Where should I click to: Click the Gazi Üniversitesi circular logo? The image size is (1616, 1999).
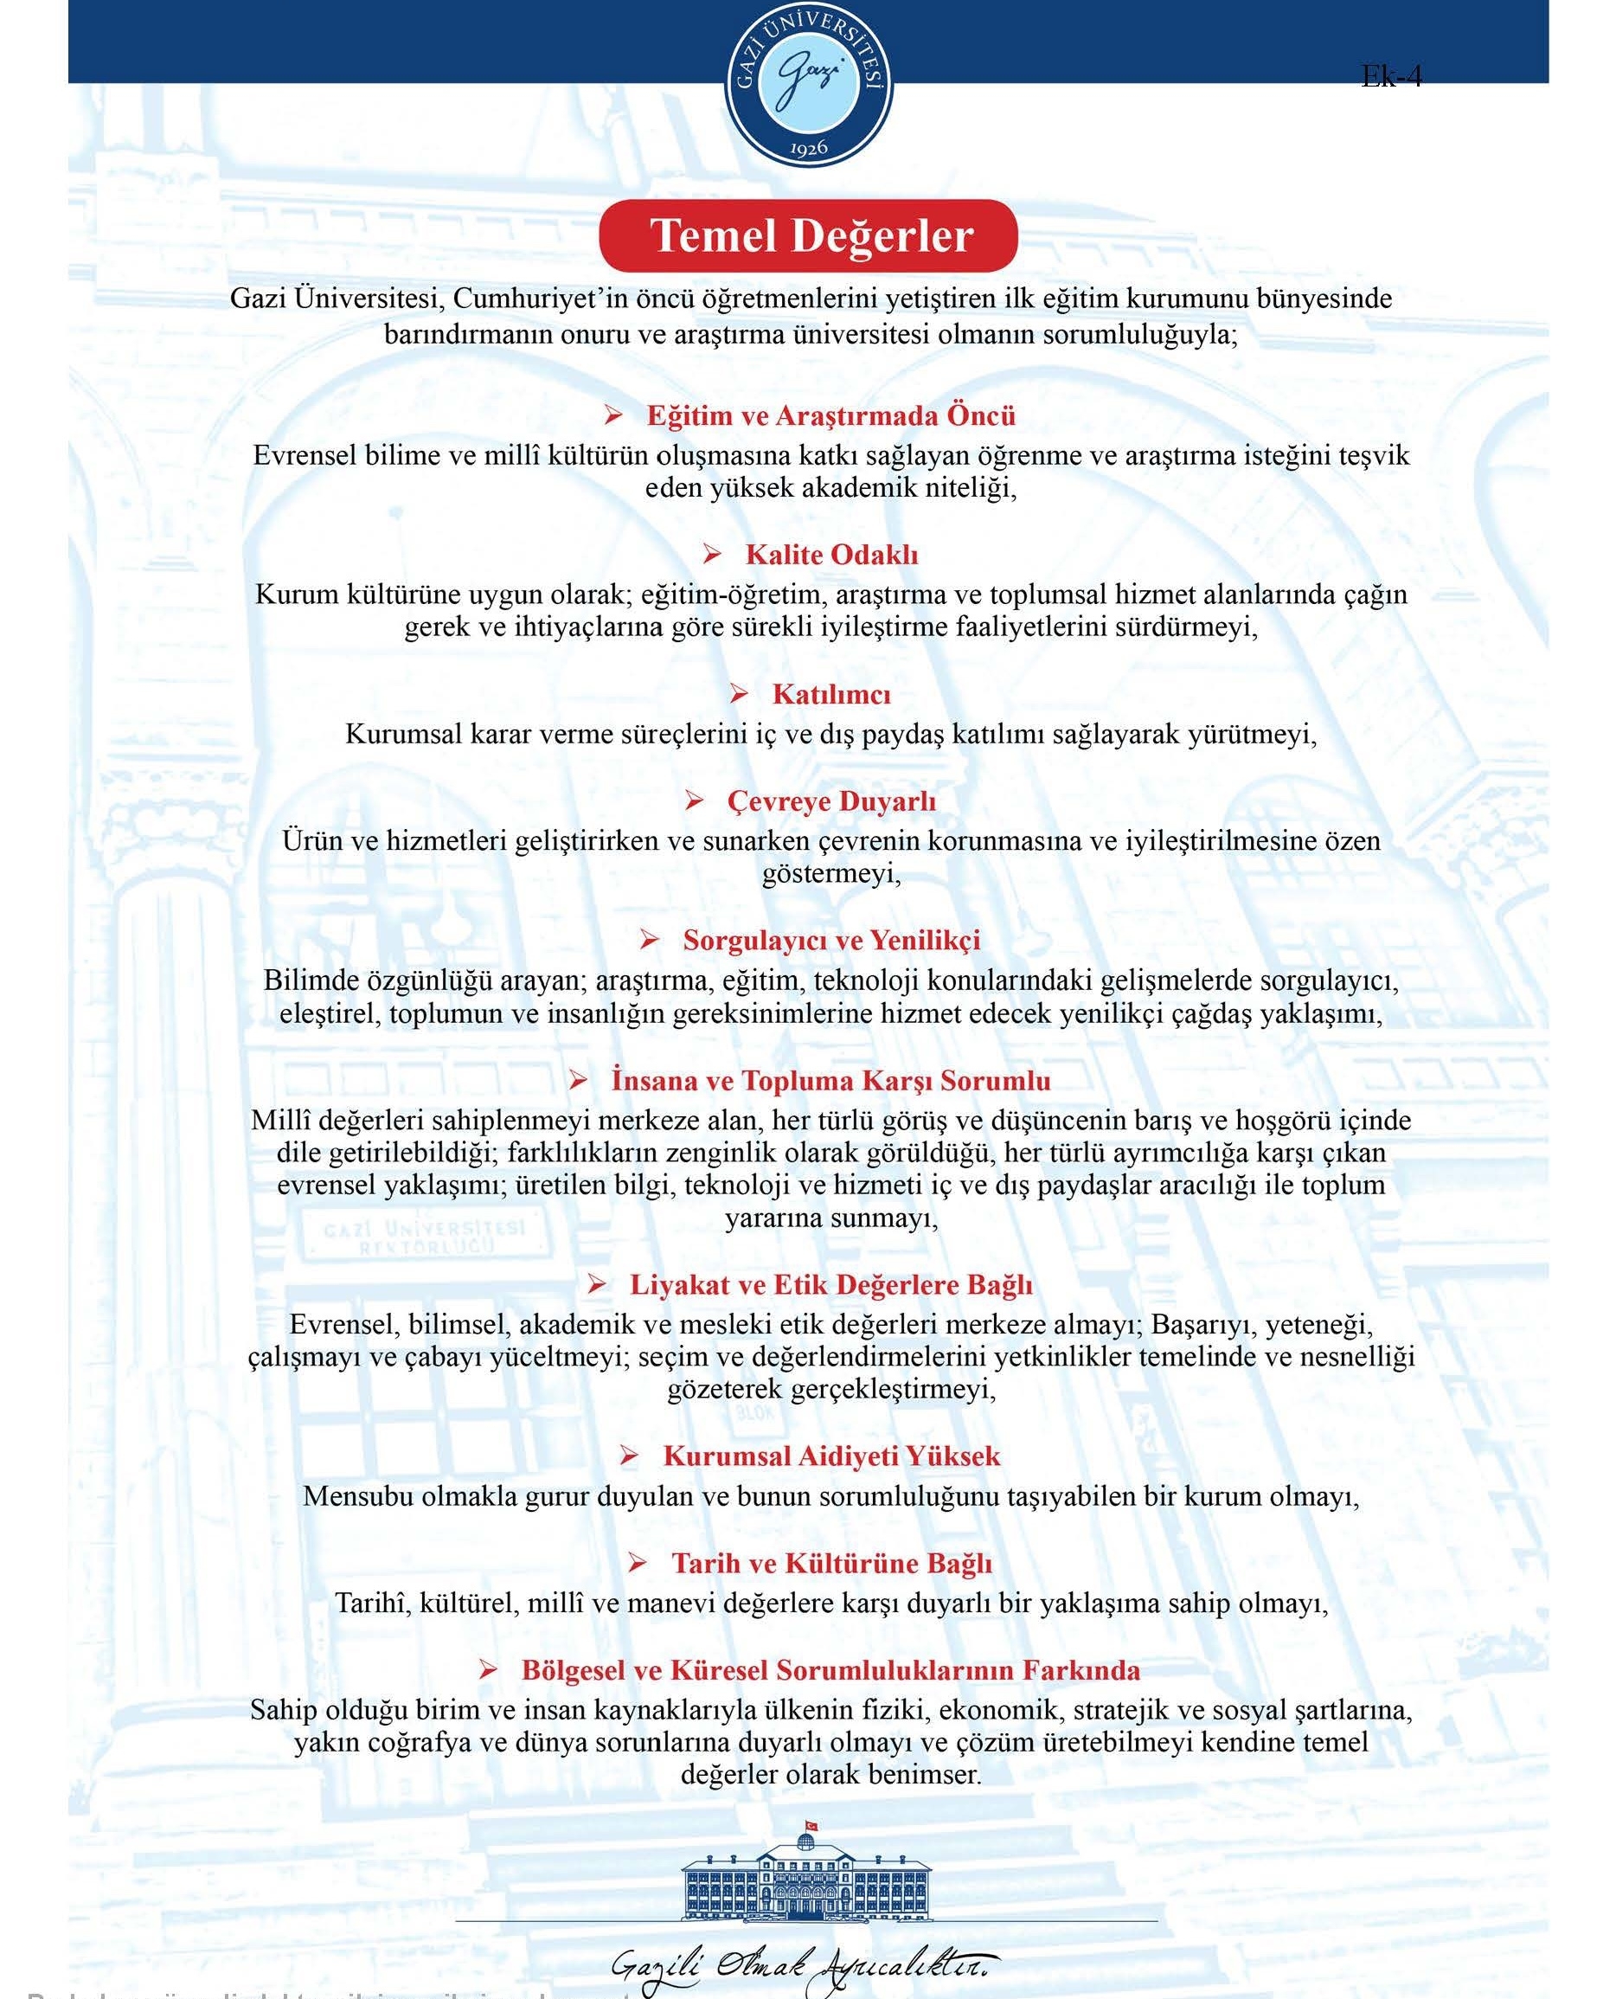tap(808, 82)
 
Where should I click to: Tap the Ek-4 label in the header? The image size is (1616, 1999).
tap(1391, 75)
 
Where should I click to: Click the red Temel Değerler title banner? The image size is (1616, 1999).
tap(808, 235)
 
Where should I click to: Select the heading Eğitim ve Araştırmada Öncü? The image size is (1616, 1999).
tap(830, 415)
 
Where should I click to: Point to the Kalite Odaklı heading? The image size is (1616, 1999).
tap(831, 555)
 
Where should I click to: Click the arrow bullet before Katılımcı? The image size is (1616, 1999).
tap(739, 694)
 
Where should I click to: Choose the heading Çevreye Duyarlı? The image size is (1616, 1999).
tap(831, 800)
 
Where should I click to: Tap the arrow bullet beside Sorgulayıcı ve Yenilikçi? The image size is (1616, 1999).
tap(650, 941)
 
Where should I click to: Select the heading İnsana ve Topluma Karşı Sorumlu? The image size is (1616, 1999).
tap(830, 1080)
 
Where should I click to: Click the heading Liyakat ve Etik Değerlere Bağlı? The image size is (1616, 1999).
tap(830, 1285)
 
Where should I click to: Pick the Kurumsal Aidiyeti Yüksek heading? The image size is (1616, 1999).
tap(831, 1456)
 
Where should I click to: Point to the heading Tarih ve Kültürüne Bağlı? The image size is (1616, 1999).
tap(831, 1563)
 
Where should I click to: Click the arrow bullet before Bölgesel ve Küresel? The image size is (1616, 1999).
tap(488, 1670)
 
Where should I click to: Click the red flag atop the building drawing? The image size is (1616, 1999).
tap(810, 1823)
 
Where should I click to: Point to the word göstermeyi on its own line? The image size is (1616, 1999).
tap(830, 874)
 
